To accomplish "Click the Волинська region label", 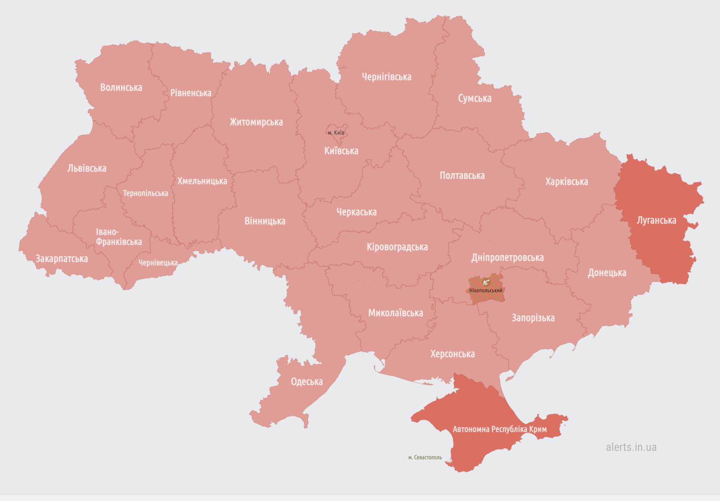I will tap(121, 88).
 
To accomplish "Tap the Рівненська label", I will tap(190, 93).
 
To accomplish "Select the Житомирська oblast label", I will tap(256, 122).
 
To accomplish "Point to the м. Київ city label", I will tap(336, 133).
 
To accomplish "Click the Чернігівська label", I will tap(386, 77).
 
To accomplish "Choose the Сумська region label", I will tap(475, 99).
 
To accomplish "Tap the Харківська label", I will tap(566, 182).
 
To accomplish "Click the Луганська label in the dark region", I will tap(656, 221).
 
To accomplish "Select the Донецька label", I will tap(607, 273).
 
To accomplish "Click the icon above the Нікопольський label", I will tap(486, 282).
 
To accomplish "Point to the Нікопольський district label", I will tap(486, 291).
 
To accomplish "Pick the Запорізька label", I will tap(533, 318).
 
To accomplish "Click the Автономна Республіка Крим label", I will tap(500, 429).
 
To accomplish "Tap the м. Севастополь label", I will tap(425, 458).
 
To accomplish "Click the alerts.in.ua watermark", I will tap(631, 447).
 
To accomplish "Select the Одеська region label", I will tap(307, 382).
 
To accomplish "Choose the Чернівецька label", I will tap(158, 263).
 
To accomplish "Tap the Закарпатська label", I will tap(61, 259).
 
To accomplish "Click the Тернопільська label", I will tap(145, 194).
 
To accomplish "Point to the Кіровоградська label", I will tap(397, 247).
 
